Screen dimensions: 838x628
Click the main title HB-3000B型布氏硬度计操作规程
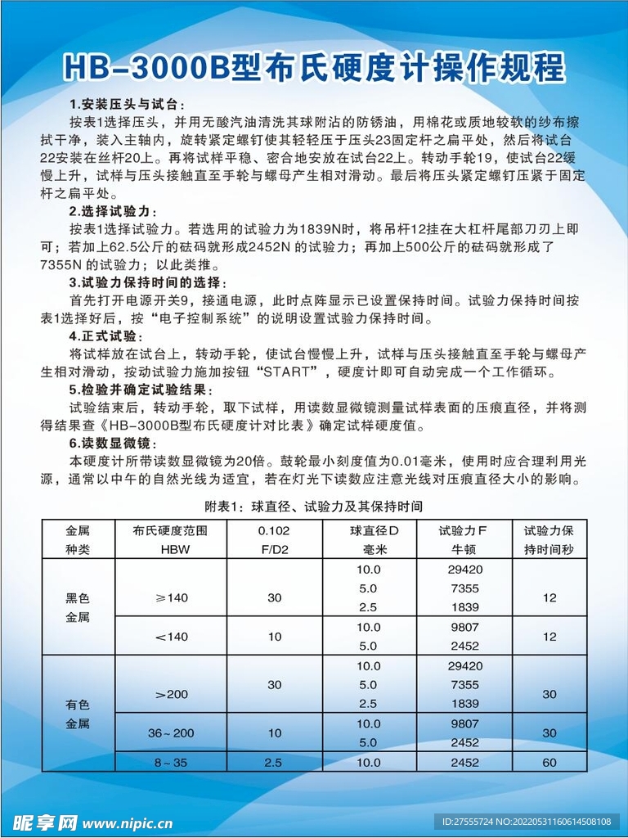point(314,68)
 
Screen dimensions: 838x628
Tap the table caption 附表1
point(313,506)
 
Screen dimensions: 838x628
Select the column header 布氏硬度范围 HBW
point(171,539)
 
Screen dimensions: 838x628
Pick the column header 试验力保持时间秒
point(549,539)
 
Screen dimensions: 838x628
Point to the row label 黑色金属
point(78,607)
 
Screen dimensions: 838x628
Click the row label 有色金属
point(78,714)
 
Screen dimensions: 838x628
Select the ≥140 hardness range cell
point(171,597)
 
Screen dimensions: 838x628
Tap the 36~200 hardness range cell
point(171,733)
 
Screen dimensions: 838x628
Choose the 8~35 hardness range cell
point(171,763)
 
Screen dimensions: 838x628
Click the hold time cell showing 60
point(549,763)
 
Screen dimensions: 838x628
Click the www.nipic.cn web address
point(128,822)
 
